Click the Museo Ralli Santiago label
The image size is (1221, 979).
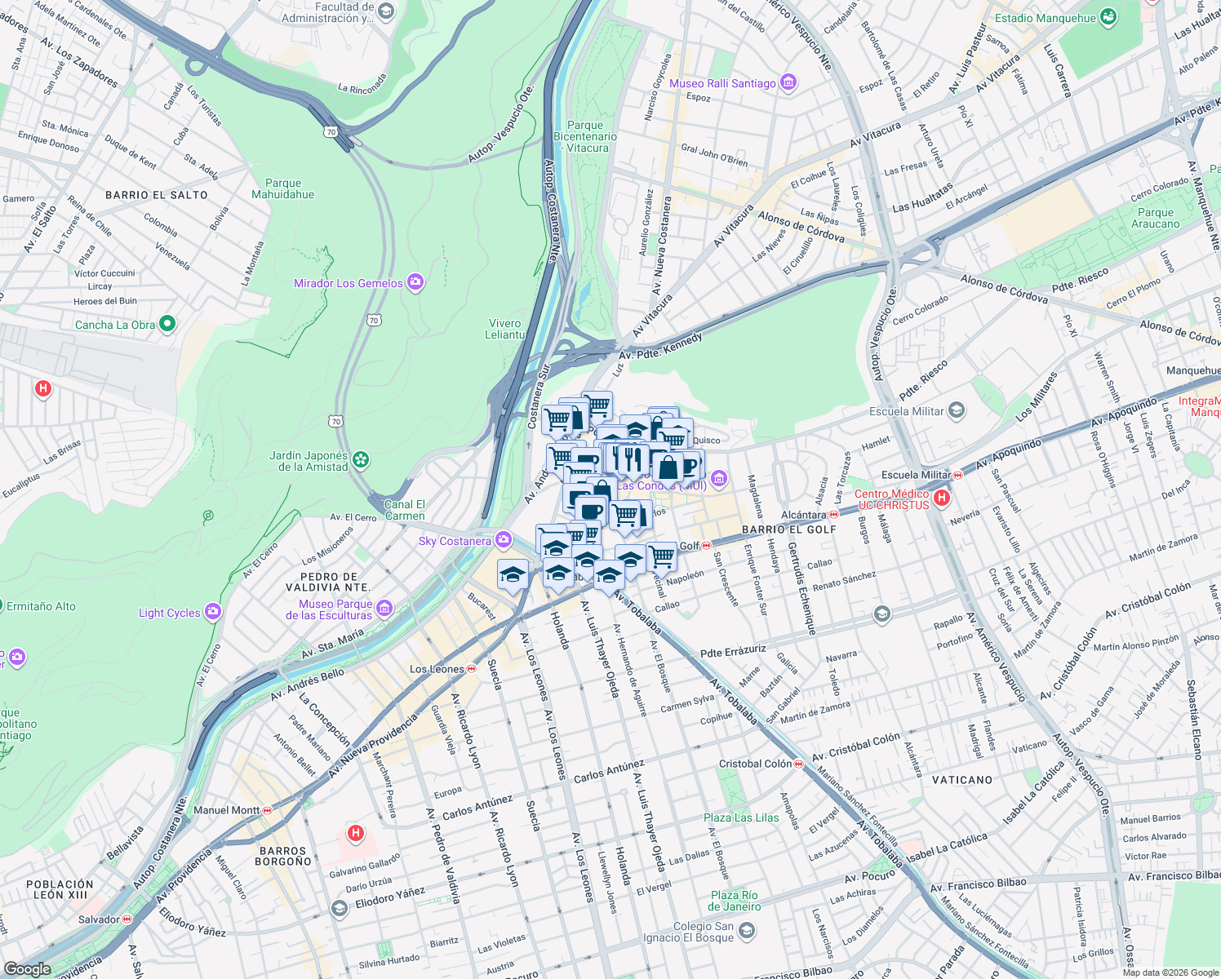[722, 83]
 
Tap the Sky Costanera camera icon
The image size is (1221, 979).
[504, 540]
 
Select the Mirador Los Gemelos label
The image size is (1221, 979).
[349, 283]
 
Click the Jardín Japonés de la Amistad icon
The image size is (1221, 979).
[361, 461]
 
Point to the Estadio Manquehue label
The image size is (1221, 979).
[1045, 18]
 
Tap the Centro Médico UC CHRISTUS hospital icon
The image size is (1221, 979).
[942, 498]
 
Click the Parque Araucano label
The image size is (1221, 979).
[1155, 218]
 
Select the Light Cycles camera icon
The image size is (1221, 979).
[213, 612]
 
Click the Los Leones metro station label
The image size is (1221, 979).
[436, 669]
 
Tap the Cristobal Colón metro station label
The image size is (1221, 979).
[755, 764]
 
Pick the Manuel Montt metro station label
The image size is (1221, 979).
[226, 810]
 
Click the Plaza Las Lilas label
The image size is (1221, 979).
[741, 817]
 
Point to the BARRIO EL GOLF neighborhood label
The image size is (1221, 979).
[788, 529]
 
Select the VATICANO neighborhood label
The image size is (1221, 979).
[962, 780]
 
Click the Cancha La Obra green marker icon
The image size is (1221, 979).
[167, 324]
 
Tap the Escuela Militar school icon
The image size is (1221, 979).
[957, 410]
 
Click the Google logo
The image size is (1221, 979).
[27, 968]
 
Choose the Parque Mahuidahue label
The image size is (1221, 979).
[282, 188]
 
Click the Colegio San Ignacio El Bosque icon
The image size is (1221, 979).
[746, 931]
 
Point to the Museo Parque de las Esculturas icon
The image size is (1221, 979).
[385, 608]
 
